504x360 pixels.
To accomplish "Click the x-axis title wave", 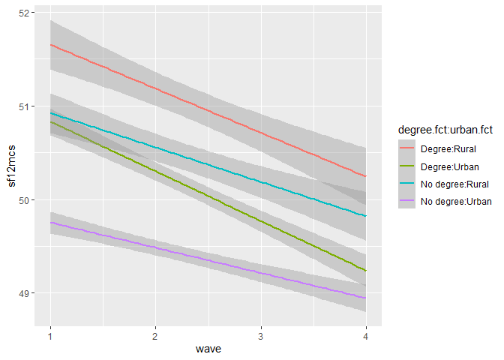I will pos(208,349).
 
